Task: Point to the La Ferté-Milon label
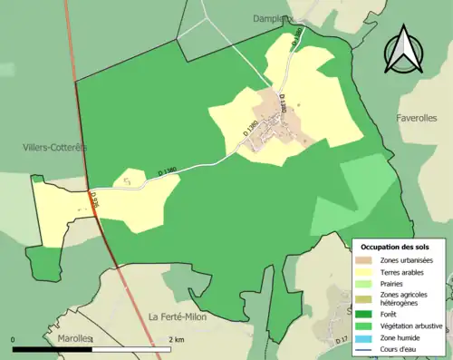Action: [x=179, y=316]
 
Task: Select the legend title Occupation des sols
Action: [x=395, y=247]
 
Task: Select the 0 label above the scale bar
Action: [x=14, y=340]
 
